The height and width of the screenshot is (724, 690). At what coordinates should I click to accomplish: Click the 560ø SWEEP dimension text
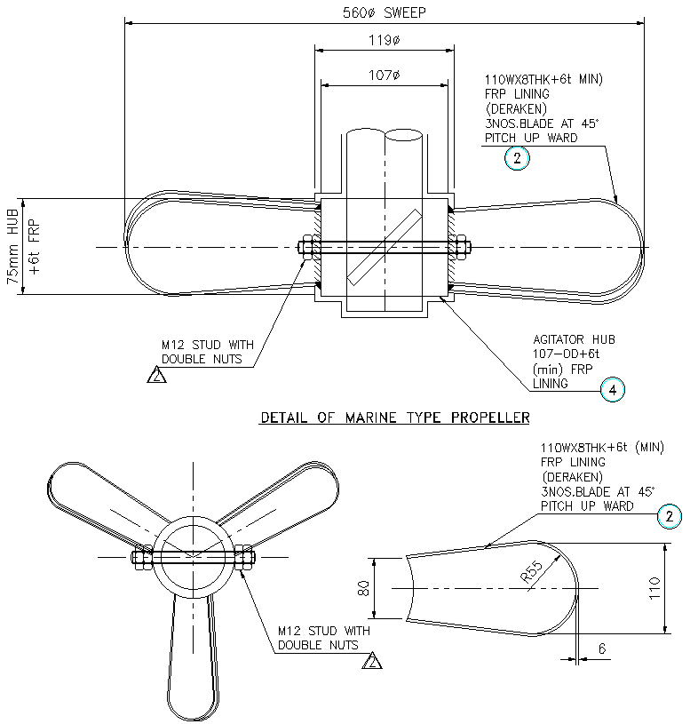385,12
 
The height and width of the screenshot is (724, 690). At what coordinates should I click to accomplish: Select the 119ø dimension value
384,40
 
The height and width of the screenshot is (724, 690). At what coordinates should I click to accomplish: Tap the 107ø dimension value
384,76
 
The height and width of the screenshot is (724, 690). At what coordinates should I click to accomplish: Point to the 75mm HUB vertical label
13,246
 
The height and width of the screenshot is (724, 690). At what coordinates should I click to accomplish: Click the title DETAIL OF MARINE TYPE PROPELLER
394,417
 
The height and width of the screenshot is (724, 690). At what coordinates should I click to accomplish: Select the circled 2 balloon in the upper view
516,159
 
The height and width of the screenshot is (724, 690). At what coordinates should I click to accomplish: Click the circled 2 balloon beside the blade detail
670,517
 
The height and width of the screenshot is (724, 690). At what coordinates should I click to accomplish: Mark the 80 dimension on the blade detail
362,588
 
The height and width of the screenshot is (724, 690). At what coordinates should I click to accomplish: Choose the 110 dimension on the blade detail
679,587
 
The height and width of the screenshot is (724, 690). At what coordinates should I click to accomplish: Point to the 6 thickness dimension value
601,649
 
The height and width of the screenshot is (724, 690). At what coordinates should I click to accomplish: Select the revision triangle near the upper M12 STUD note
156,376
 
